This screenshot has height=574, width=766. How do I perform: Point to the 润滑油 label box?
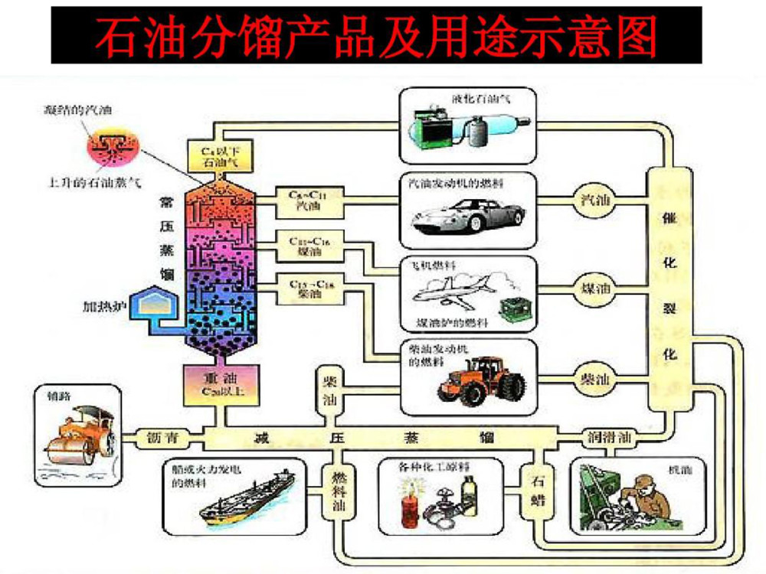coord(607,439)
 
